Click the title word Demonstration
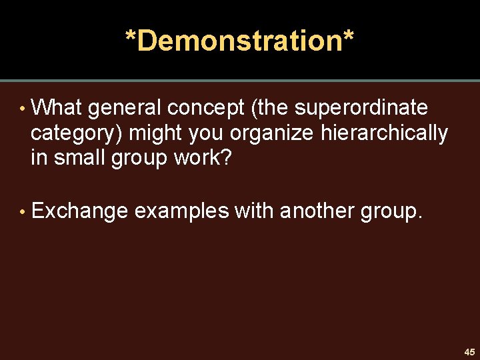click(240, 41)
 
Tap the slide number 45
click(470, 352)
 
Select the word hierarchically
click(384, 134)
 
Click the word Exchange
click(79, 211)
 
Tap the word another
click(317, 211)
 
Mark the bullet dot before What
click(23, 109)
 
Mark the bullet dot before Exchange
click(23, 212)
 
